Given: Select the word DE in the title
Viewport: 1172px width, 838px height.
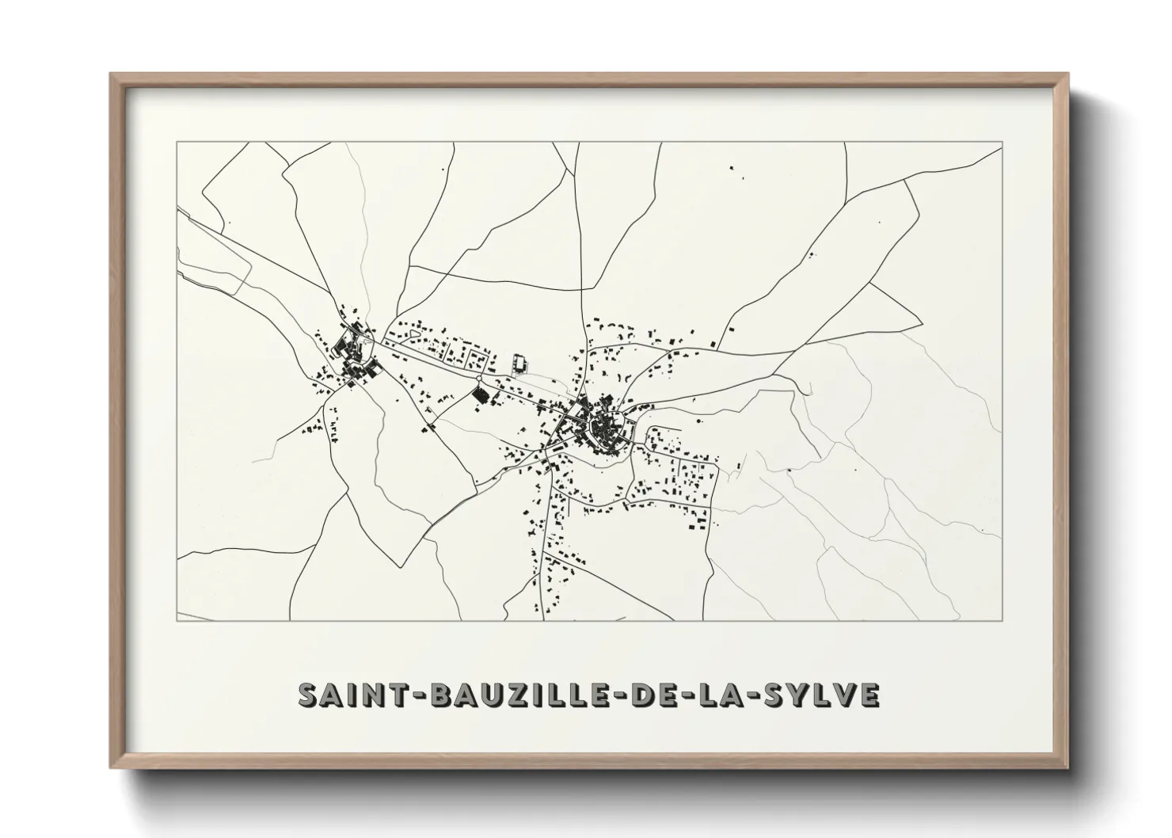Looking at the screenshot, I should [x=650, y=695].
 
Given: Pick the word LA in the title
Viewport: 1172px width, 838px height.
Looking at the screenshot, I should [x=720, y=695].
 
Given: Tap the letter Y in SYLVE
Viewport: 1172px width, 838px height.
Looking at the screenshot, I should [x=799, y=695].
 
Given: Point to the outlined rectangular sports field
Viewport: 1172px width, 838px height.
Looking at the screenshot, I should [x=520, y=363].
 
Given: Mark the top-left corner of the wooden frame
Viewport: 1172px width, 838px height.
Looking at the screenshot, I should [x=111, y=74].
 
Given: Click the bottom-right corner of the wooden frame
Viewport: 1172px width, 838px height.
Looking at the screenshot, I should [x=1067, y=768].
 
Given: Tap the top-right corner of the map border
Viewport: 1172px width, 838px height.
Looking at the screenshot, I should [x=1002, y=142].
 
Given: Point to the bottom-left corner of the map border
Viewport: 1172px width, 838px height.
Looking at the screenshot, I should [x=177, y=620].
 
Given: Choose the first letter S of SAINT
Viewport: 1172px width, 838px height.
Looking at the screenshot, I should [x=307, y=695].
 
